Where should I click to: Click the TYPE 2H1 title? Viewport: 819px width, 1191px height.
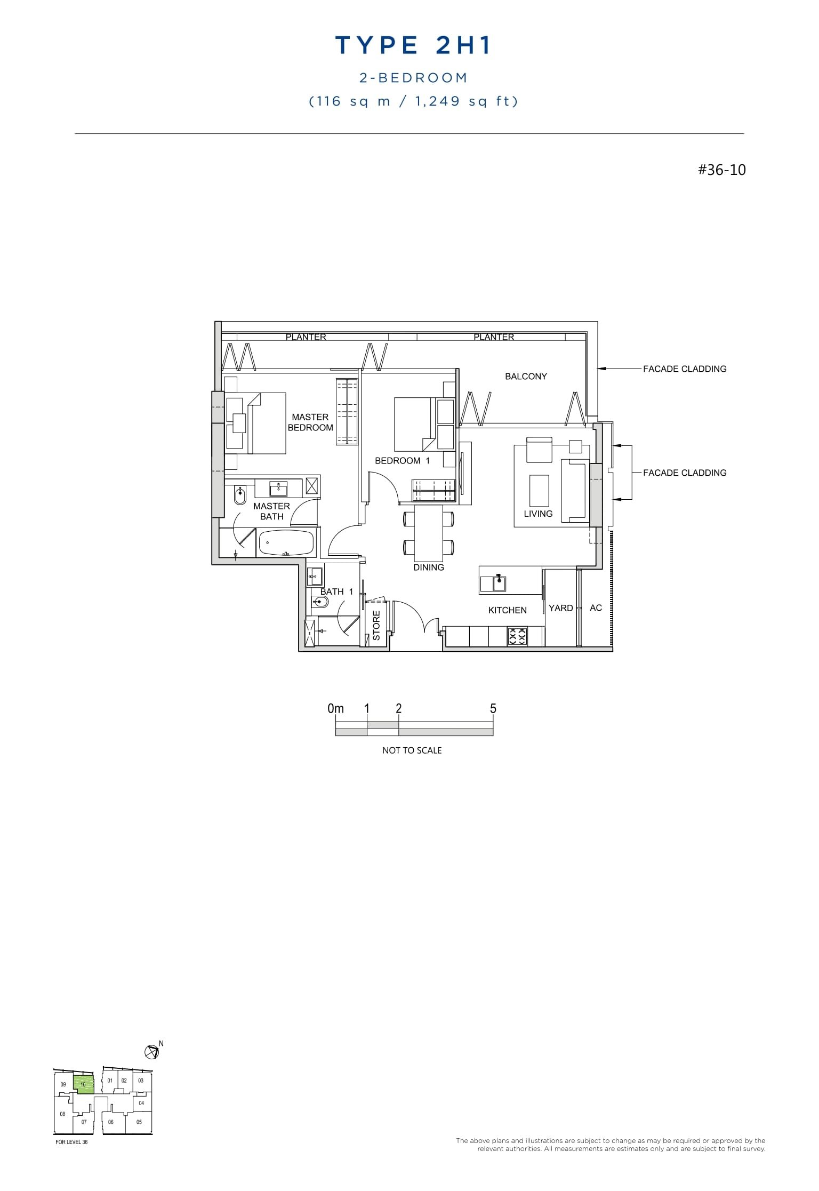413,46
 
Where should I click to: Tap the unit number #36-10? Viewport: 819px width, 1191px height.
721,170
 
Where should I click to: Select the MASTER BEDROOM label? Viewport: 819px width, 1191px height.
310,422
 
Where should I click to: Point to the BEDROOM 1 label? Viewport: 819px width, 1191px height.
402,461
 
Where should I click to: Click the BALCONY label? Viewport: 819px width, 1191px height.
526,377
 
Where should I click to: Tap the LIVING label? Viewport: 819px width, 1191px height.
538,514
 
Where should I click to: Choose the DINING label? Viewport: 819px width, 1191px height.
429,567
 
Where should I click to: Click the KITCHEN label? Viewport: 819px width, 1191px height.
507,610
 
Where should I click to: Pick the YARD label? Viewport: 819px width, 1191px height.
560,608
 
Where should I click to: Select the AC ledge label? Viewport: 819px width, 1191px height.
596,608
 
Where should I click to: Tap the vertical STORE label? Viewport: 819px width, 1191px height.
376,626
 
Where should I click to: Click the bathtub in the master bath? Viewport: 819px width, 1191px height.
286,543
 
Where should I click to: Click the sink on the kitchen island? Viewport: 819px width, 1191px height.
500,583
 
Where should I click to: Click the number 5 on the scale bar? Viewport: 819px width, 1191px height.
493,709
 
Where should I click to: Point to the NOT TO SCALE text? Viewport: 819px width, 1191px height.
412,750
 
